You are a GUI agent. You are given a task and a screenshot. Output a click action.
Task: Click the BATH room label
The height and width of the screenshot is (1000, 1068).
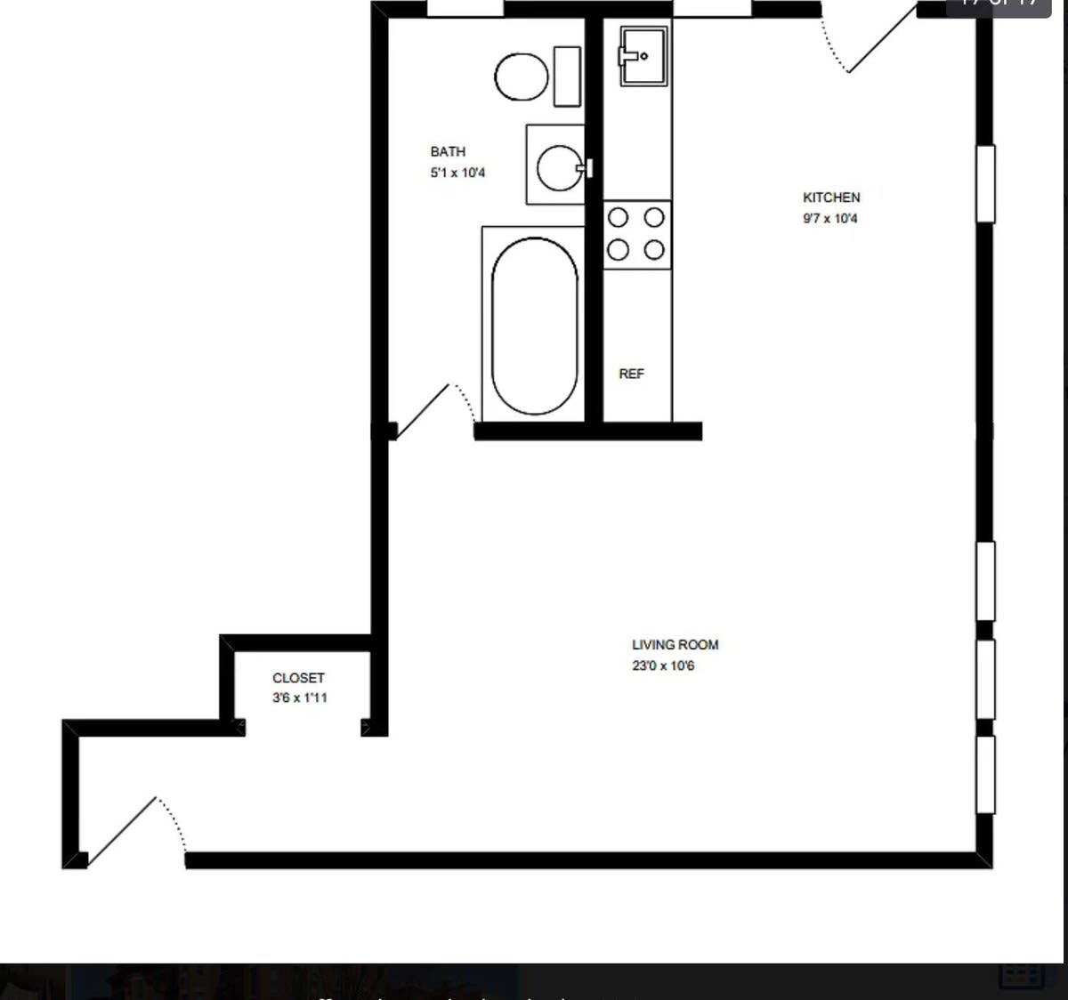click(448, 152)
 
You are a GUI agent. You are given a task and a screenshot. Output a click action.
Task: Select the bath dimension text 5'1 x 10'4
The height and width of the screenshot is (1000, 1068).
click(457, 173)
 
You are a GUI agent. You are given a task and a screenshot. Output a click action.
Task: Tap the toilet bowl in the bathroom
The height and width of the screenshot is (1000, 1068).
click(521, 77)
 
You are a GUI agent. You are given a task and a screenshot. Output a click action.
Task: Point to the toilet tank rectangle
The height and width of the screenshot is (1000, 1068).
click(567, 77)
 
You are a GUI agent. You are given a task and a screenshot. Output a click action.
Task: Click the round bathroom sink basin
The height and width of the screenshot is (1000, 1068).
click(560, 167)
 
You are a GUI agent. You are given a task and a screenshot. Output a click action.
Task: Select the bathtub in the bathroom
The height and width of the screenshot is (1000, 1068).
click(534, 326)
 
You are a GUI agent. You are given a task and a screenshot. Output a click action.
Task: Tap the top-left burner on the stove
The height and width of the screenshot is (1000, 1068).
click(619, 218)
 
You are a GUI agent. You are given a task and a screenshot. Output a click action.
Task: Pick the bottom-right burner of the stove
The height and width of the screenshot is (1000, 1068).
click(654, 250)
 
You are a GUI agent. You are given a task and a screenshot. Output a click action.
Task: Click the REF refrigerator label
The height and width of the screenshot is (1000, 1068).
click(631, 374)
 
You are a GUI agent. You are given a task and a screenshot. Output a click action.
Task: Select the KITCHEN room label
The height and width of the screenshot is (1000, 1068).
click(831, 198)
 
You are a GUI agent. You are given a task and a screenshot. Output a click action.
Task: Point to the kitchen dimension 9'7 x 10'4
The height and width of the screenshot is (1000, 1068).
click(829, 218)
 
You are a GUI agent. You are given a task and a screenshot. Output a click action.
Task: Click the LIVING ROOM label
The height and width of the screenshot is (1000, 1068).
click(675, 645)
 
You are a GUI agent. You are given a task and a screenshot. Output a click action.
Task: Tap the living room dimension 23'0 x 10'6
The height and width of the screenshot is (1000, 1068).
click(663, 665)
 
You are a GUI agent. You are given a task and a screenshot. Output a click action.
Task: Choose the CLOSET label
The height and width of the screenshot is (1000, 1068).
click(298, 678)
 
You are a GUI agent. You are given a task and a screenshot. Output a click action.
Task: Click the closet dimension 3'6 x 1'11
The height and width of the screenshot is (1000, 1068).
click(299, 698)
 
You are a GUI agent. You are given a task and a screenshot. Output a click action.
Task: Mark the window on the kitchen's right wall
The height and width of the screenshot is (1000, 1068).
click(985, 183)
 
